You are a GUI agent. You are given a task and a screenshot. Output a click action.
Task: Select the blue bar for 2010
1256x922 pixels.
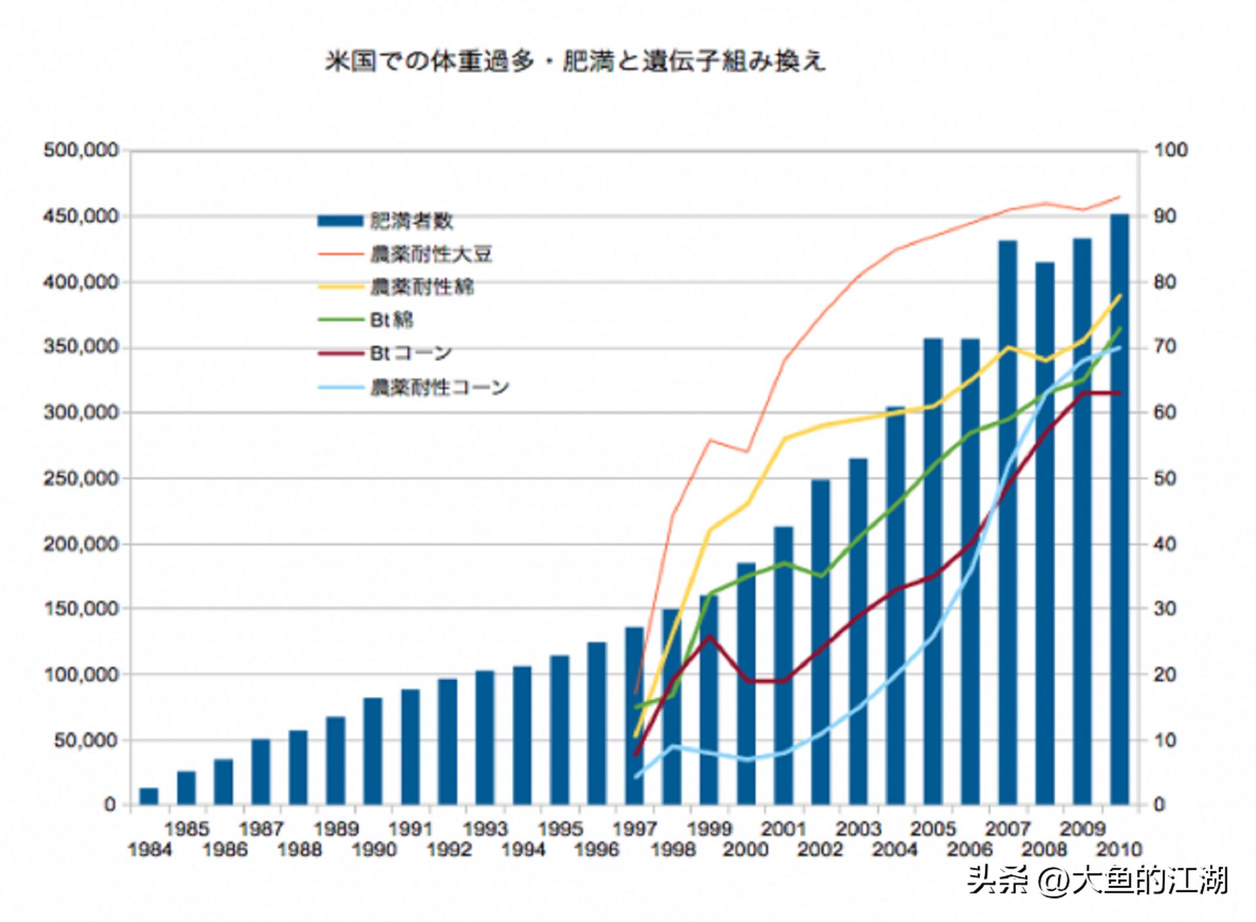coord(1119,510)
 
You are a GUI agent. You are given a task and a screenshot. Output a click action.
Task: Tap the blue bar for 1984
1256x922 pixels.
coord(148,796)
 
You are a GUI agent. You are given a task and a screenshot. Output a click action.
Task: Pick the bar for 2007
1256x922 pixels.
coord(1007,523)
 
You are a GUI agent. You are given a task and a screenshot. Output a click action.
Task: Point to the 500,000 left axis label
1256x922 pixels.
coord(81,150)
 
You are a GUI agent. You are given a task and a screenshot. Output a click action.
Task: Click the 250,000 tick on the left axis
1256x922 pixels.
coord(81,479)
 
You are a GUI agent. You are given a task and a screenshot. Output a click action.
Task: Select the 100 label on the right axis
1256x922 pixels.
coord(1170,150)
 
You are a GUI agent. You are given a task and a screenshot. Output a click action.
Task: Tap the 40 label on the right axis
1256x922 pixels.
coord(1164,544)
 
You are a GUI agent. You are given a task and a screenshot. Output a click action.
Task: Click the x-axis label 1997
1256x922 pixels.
coord(635,829)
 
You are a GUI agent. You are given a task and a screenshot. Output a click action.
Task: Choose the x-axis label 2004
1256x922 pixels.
coord(895,850)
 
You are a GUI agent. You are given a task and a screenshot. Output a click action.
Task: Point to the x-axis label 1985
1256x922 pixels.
coord(186,829)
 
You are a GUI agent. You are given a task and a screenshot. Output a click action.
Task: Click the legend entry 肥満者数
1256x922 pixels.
coord(411,221)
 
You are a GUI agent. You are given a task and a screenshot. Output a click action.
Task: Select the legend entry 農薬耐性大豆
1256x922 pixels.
coord(430,254)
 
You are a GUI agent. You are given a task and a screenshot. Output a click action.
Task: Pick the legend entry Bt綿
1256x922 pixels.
coord(391,320)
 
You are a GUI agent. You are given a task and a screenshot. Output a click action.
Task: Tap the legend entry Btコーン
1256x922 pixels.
coord(411,353)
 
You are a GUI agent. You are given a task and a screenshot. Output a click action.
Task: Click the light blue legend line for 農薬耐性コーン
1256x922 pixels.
coord(340,388)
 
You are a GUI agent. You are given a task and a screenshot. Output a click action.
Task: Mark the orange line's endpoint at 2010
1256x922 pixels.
coord(1120,196)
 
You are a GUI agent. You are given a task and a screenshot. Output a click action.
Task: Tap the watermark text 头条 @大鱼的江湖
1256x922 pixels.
coord(1098,881)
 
